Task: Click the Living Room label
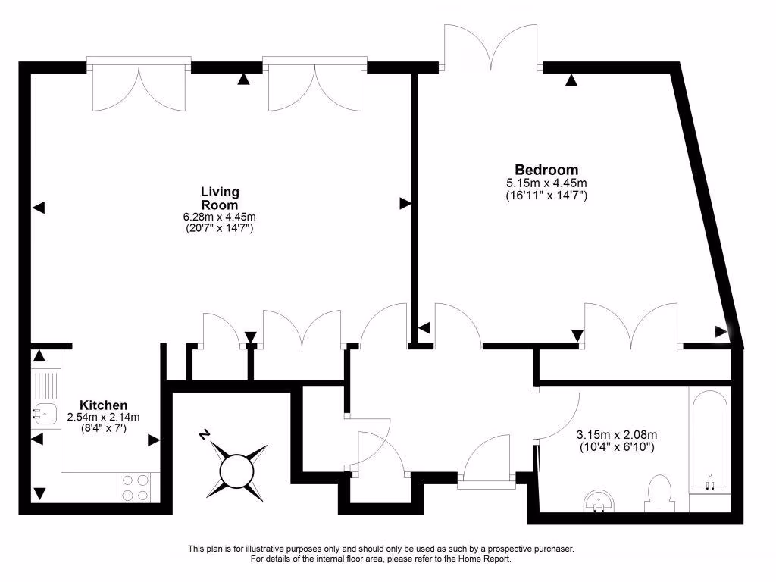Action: [220, 198]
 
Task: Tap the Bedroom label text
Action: [546, 170]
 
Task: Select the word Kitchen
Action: [104, 405]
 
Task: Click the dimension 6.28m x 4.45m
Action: [220, 217]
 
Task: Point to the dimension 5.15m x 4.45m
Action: [546, 183]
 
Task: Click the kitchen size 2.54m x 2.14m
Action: [104, 418]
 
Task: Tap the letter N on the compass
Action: [203, 435]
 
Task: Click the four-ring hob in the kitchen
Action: [135, 486]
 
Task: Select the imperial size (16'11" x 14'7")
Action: [546, 196]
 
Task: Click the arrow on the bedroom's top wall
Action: [570, 79]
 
